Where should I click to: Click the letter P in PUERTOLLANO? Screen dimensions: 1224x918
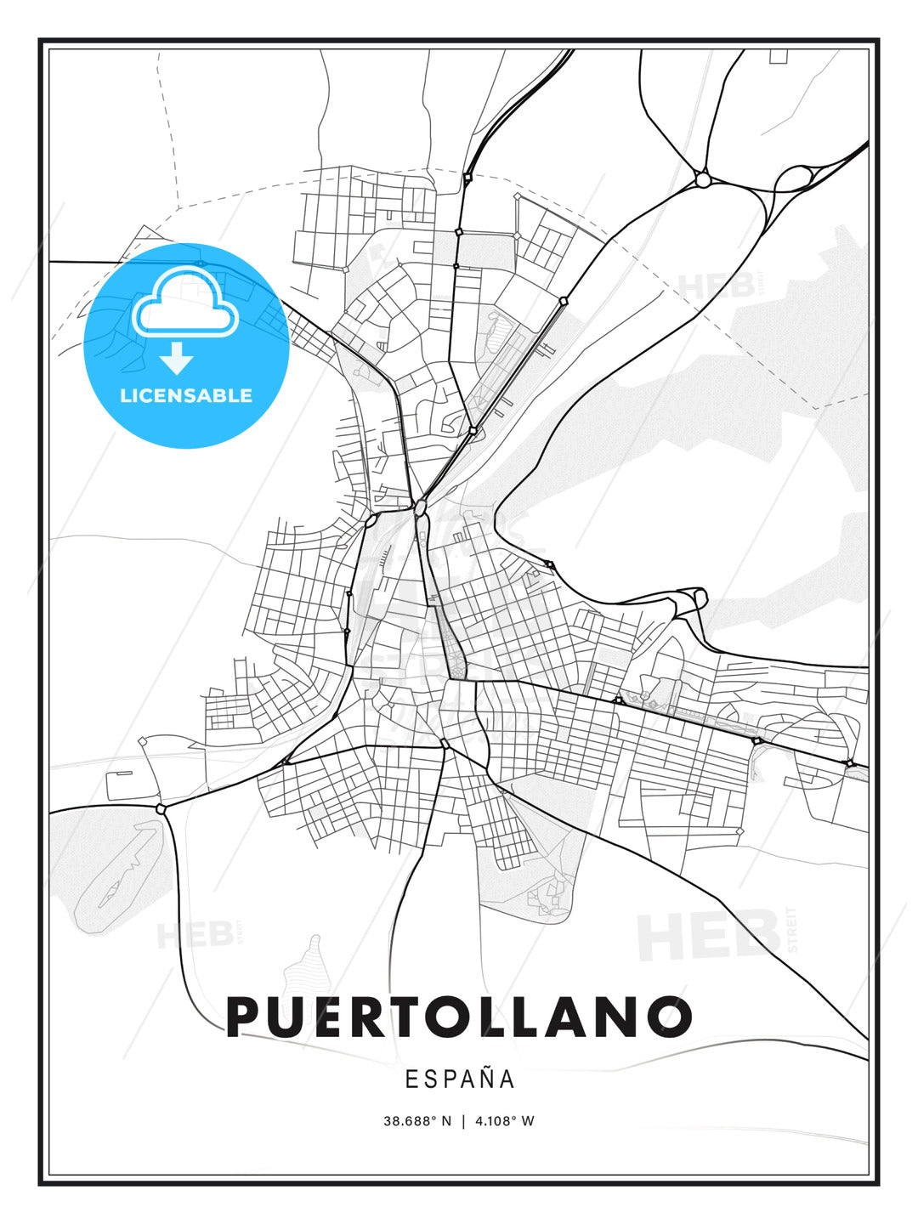tap(246, 1017)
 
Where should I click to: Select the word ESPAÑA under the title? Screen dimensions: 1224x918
tap(460, 1079)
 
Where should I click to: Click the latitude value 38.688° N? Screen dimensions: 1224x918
tap(417, 1121)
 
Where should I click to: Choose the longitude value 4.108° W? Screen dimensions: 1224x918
tap(505, 1121)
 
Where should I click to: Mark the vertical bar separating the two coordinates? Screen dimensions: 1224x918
tap(463, 1121)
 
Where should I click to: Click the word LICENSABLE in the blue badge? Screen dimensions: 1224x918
tap(186, 396)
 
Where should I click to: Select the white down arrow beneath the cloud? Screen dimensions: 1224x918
tap(177, 359)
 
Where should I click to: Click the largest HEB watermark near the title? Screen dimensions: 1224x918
tap(710, 935)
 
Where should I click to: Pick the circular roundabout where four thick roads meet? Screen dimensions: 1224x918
tap(702, 179)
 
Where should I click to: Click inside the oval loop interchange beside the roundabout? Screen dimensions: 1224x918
tap(794, 178)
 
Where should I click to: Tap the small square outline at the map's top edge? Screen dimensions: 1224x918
tap(778, 56)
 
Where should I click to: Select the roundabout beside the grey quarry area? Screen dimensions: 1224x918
tap(161, 808)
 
